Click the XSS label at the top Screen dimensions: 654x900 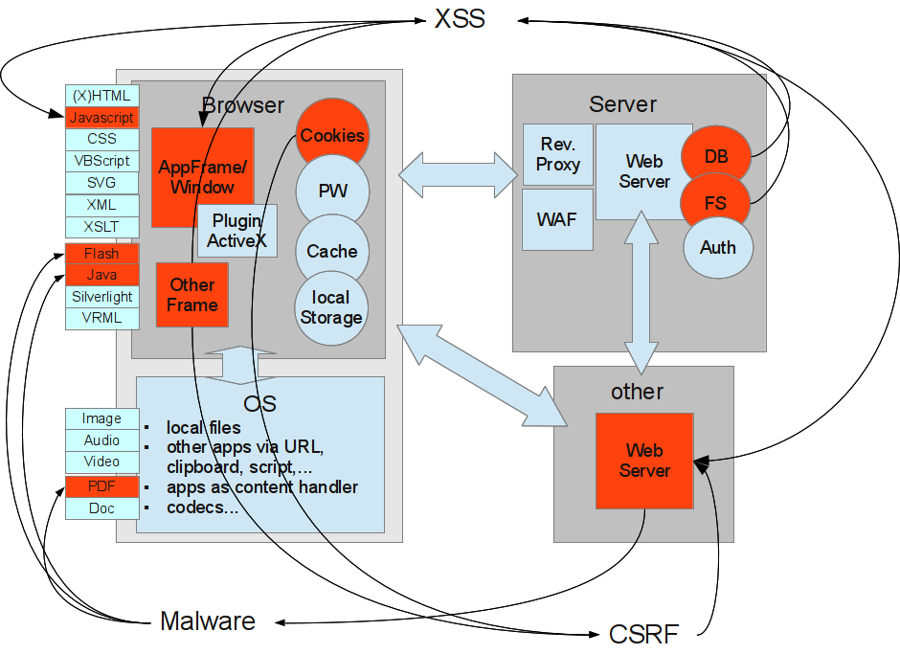coord(460,18)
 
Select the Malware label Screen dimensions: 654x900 coord(208,621)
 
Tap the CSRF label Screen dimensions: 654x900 coord(643,634)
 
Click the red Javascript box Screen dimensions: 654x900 coord(102,118)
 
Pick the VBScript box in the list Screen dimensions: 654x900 coord(102,161)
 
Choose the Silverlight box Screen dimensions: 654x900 coord(102,297)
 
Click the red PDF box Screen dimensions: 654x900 coord(102,486)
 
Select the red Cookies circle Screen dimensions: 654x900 coord(332,135)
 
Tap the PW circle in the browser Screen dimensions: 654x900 coord(332,192)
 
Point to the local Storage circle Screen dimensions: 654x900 coord(332,307)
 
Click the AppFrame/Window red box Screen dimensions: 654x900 coord(202,176)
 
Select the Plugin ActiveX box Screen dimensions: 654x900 coord(237,231)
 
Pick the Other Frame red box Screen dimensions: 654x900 coord(192,295)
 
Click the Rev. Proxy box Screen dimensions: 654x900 coord(557,155)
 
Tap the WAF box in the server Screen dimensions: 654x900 coord(557,219)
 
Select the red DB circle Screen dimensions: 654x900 coord(716,156)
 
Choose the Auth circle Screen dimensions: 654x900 coord(718,248)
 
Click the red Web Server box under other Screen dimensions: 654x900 coord(644,461)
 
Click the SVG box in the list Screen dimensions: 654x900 coord(102,182)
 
